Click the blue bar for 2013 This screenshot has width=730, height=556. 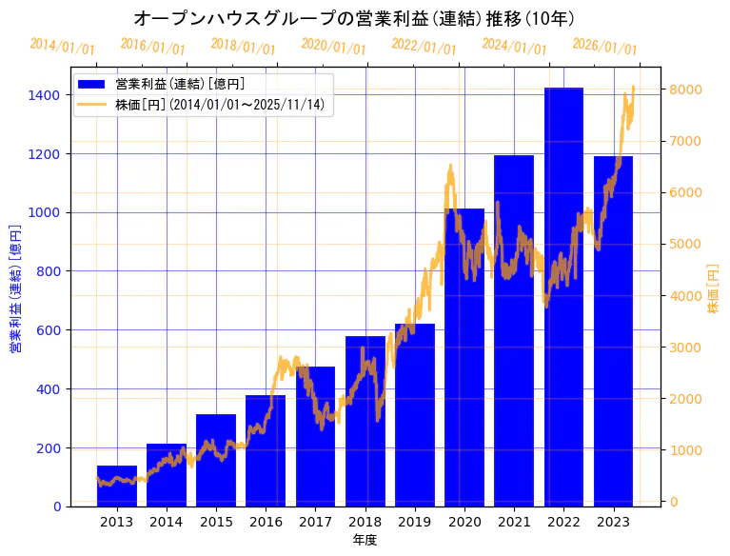(x=117, y=486)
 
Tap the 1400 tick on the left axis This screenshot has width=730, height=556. (x=45, y=95)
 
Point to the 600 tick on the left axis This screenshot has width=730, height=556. (x=49, y=330)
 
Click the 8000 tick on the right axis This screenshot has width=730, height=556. (x=686, y=89)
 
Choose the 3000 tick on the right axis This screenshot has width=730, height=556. (x=686, y=347)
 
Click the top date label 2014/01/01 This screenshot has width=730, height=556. (x=62, y=46)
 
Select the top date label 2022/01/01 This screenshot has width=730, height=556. (x=424, y=47)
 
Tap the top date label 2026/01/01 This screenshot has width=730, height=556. (x=604, y=48)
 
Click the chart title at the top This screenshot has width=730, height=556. (x=353, y=18)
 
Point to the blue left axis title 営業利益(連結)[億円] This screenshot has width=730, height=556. (x=15, y=288)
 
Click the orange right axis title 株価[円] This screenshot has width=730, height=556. (x=713, y=288)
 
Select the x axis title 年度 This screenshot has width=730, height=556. (x=365, y=540)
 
